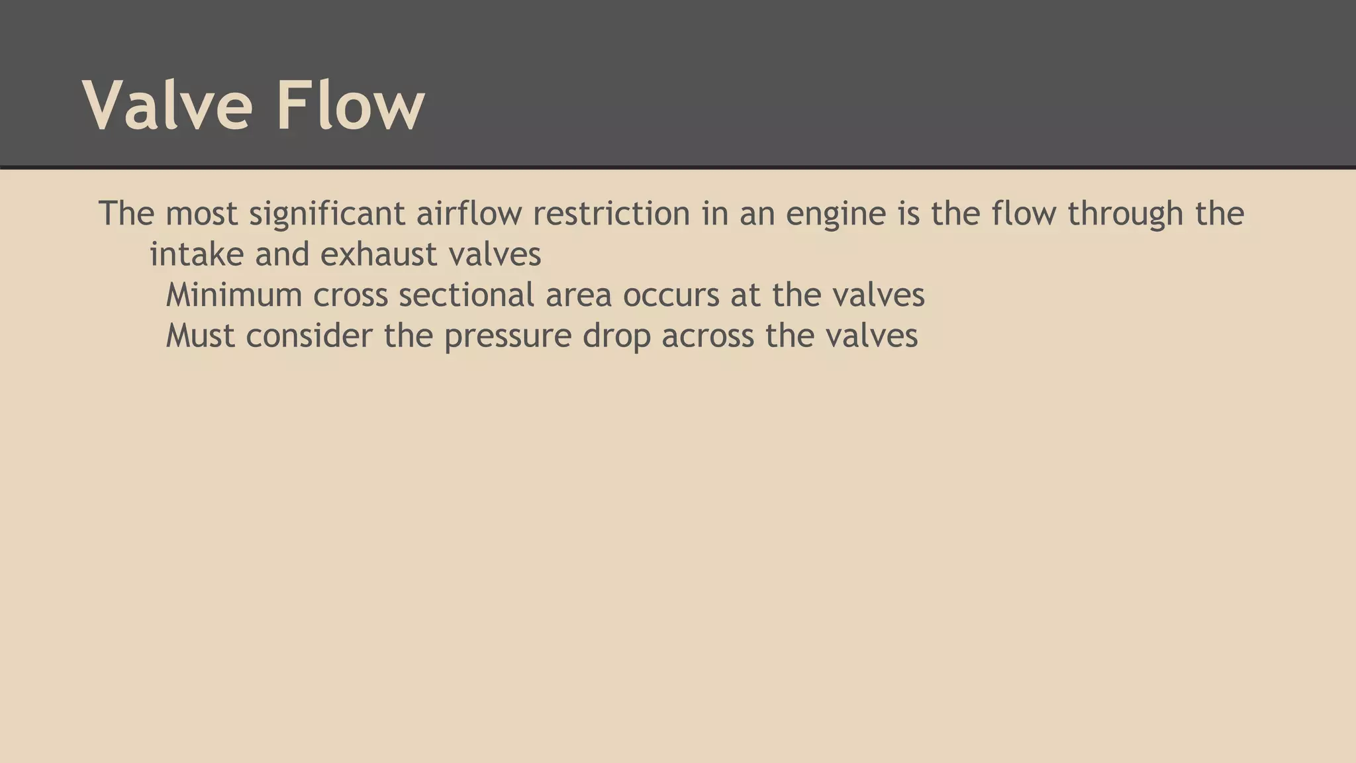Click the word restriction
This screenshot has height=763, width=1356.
611,213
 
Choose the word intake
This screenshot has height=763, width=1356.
197,254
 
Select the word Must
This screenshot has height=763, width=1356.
200,336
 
